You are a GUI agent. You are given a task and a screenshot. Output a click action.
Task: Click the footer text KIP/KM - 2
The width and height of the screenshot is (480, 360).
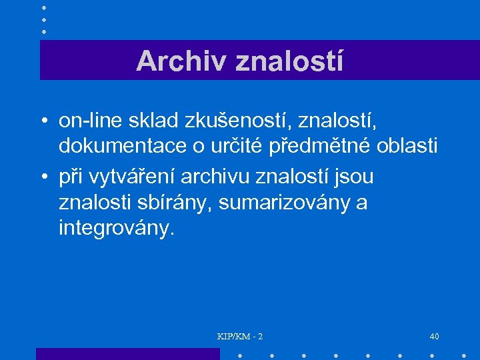240,337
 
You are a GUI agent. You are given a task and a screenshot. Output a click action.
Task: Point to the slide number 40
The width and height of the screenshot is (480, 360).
435,337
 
